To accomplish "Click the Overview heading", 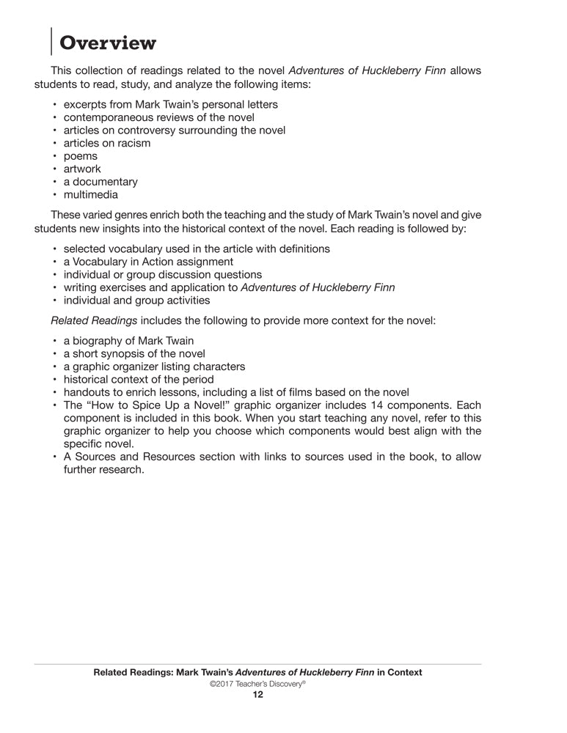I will coord(108,43).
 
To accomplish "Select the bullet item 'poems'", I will coord(80,156).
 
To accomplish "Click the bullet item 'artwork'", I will coord(82,169).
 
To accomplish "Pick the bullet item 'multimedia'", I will coord(90,195).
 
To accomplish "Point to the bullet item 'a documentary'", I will coord(100,182).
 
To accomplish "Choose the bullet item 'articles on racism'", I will coord(107,143).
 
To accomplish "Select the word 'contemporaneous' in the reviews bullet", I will coord(109,117).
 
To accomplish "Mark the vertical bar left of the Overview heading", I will coord(51,41).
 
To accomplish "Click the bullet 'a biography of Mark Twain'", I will coord(128,340).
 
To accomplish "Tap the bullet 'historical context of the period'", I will coord(139,379).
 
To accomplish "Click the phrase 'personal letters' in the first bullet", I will coord(240,104).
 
